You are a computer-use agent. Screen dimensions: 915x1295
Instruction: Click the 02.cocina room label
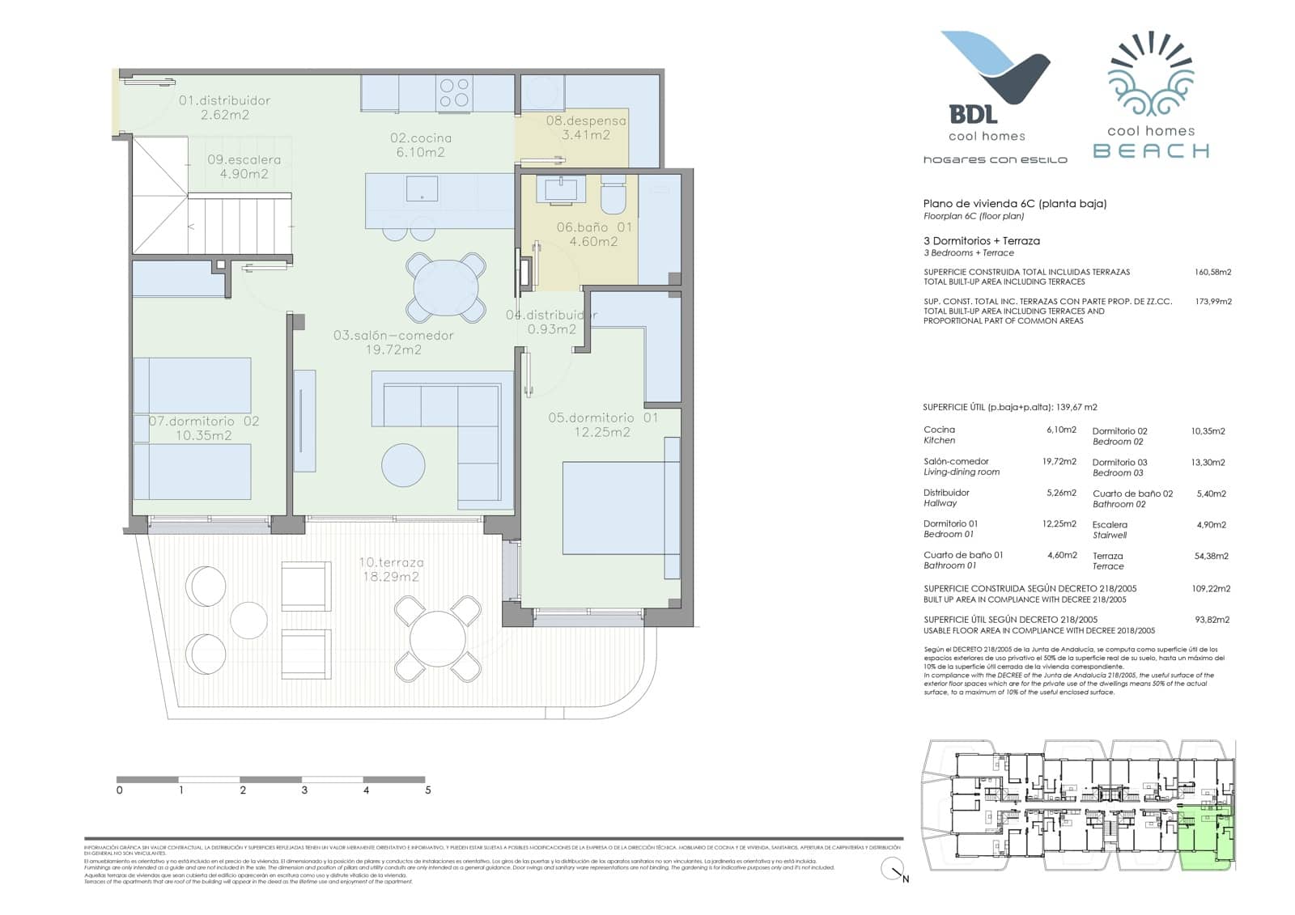[420, 145]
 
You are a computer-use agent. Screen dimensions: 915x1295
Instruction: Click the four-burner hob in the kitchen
[453, 91]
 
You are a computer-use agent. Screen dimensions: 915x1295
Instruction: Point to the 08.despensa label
[585, 128]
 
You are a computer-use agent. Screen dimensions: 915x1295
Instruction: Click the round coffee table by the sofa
[403, 464]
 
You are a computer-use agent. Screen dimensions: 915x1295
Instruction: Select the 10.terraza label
[391, 570]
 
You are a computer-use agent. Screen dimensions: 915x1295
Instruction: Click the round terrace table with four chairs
[438, 639]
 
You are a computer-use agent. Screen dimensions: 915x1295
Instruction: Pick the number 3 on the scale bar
[304, 790]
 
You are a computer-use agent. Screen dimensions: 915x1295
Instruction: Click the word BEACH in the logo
[1151, 150]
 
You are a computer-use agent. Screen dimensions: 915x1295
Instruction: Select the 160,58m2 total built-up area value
[1212, 273]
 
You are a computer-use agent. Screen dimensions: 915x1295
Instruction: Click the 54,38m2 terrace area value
[1212, 556]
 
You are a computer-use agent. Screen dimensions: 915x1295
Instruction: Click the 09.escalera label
[244, 167]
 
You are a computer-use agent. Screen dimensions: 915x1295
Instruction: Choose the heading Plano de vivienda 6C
[1014, 204]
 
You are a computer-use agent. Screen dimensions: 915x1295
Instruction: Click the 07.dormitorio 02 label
[204, 428]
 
